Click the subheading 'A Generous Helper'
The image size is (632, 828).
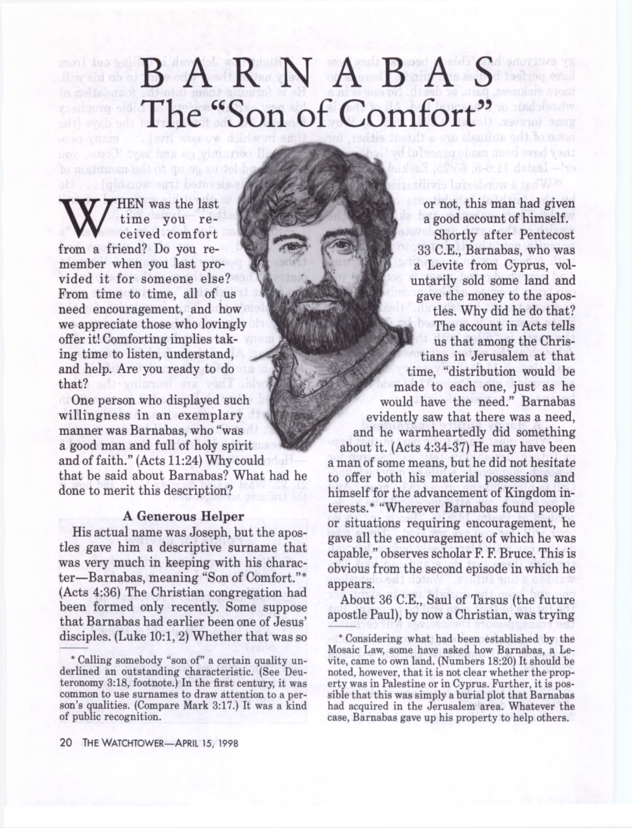coord(183,516)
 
